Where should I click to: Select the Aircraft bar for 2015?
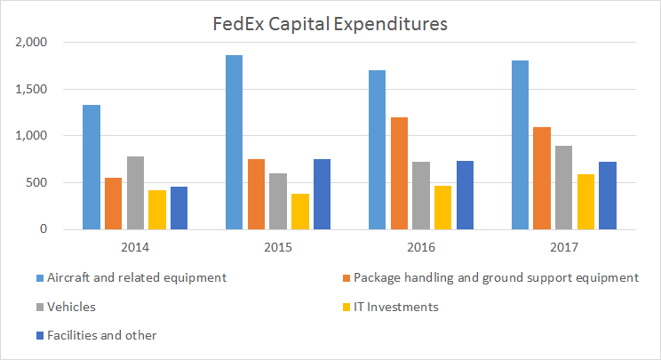[x=234, y=142]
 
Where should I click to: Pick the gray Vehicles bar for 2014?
[x=135, y=193]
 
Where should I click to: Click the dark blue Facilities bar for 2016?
[x=464, y=195]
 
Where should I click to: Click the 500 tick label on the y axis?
[x=42, y=183]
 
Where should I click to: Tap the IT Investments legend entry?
[x=396, y=307]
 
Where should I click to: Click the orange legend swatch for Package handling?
[x=345, y=278]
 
